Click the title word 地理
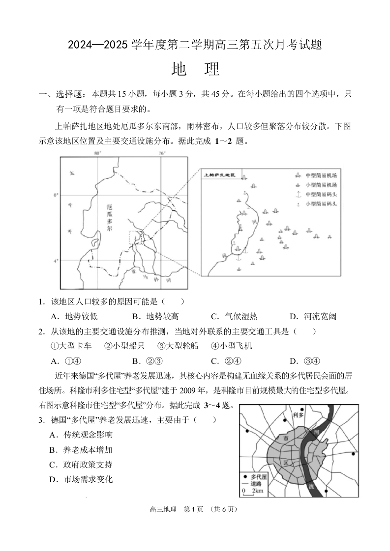tap(195, 69)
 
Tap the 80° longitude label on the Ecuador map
tap(97, 154)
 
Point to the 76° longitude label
tap(162, 154)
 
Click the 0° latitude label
tap(56, 195)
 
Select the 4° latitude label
tap(56, 261)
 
